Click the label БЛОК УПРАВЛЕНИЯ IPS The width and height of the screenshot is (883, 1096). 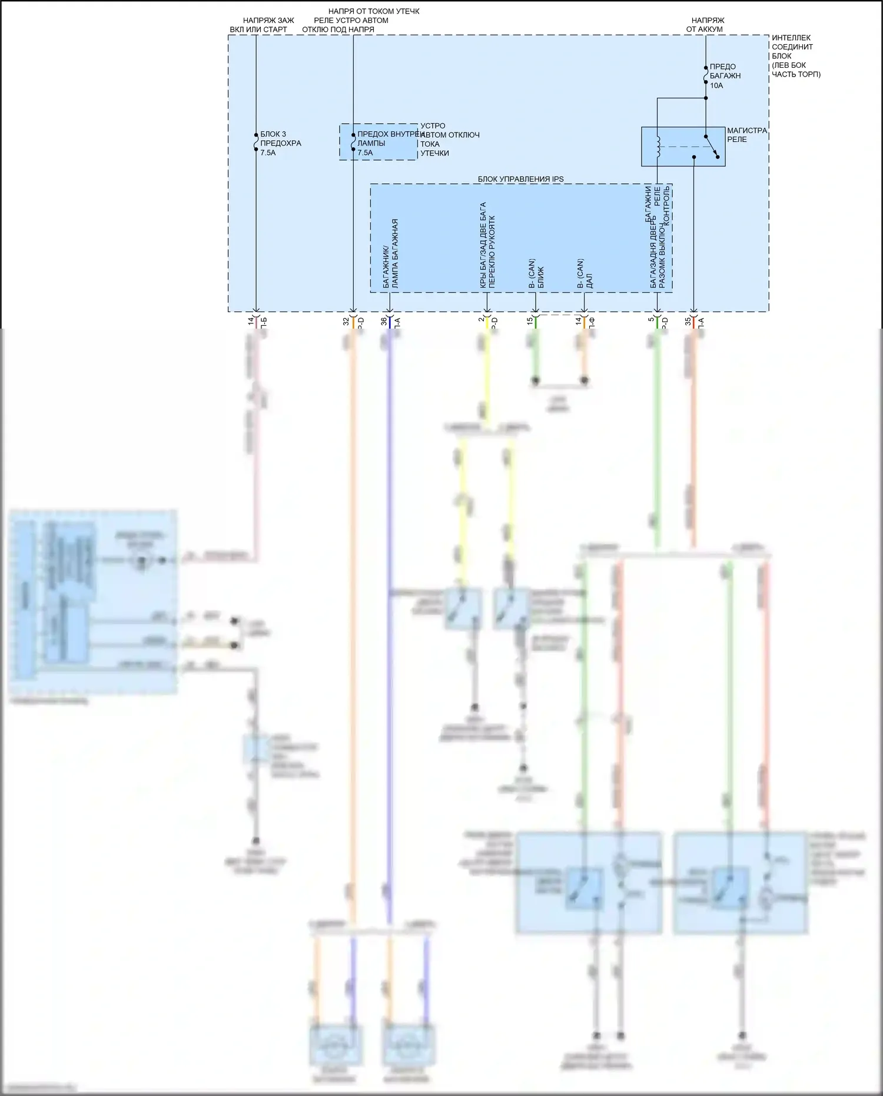click(520, 179)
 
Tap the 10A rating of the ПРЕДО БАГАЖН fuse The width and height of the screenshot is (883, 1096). click(716, 85)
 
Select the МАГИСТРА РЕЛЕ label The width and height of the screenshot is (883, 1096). click(746, 135)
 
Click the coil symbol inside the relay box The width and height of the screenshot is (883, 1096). click(659, 146)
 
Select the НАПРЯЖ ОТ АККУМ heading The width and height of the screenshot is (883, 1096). click(705, 25)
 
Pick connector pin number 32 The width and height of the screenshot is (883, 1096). click(346, 321)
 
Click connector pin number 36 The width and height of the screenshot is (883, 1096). click(384, 321)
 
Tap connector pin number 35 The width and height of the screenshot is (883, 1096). click(688, 321)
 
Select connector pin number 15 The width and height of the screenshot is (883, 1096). click(530, 321)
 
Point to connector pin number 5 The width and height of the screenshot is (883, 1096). click(651, 321)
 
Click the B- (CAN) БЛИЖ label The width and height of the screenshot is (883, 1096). click(536, 273)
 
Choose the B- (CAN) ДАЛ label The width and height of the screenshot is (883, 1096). click(585, 273)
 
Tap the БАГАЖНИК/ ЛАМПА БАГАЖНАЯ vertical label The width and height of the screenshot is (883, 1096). click(390, 253)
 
